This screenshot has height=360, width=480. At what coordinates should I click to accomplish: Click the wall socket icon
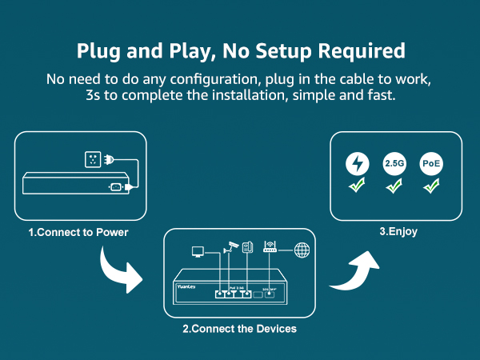(94, 160)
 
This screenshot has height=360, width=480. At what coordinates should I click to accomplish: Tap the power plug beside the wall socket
(118, 160)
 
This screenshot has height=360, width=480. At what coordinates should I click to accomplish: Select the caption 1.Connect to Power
(79, 233)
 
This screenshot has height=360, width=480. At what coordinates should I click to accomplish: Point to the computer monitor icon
(197, 252)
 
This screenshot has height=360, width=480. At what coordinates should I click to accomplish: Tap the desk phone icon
(248, 247)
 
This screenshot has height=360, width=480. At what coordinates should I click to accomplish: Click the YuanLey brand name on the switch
(187, 282)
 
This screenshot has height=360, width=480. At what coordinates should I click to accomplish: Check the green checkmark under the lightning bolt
(358, 188)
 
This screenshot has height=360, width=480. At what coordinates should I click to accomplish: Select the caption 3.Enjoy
(398, 233)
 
